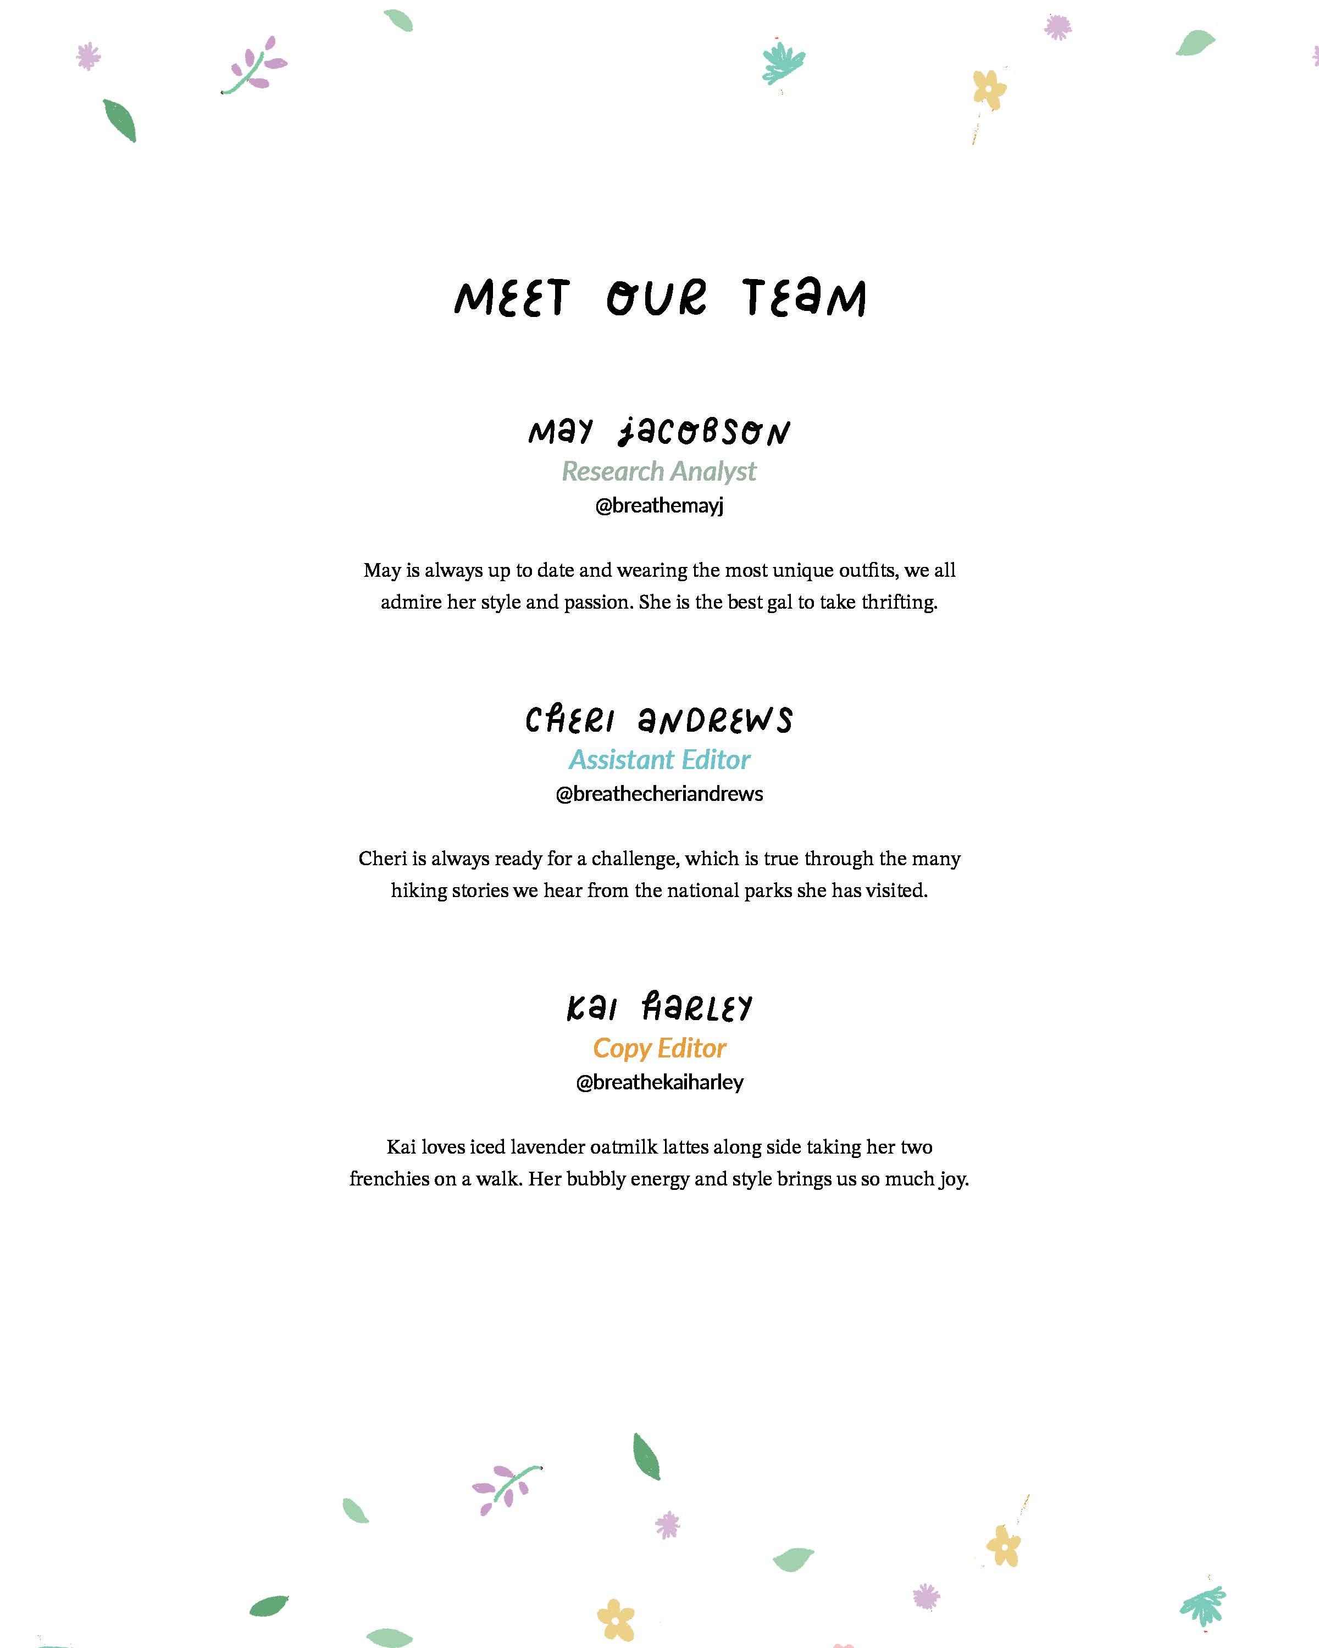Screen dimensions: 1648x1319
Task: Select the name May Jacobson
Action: (659, 432)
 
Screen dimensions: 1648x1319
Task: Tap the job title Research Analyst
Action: (659, 472)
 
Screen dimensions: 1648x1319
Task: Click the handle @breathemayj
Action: (659, 505)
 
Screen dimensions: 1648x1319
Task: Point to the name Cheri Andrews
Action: (659, 720)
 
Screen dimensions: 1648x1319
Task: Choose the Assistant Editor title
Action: (659, 760)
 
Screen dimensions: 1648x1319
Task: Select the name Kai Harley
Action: (659, 1007)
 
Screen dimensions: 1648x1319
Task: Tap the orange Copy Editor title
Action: (659, 1048)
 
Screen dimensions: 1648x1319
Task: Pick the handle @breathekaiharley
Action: (659, 1082)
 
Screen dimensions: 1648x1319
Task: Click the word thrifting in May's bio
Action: (899, 602)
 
